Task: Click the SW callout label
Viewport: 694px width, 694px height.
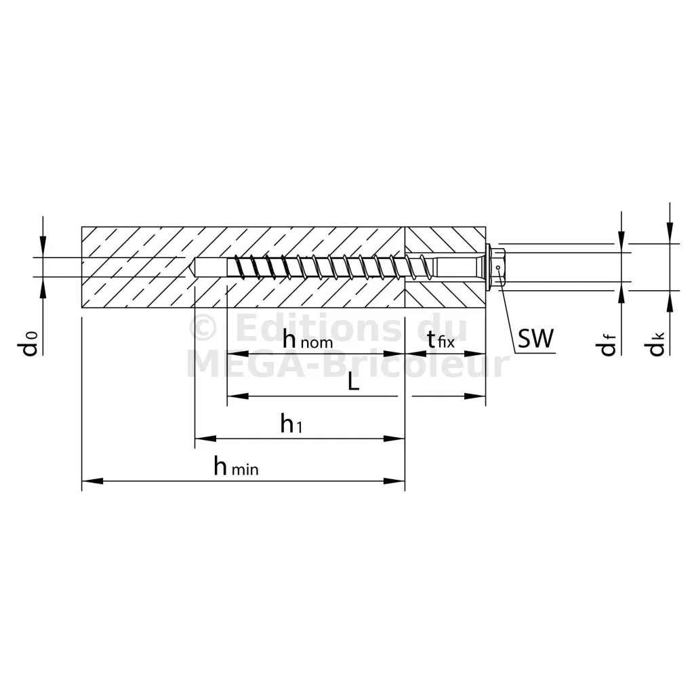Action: pos(535,339)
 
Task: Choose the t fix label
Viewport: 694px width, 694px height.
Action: pos(441,340)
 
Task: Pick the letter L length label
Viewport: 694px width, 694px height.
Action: pos(353,381)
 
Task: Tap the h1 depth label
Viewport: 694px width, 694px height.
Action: pos(291,424)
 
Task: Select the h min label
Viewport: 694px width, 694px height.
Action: pos(236,466)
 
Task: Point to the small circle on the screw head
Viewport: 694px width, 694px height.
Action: pos(498,267)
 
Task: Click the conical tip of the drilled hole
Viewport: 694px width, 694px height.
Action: pos(190,267)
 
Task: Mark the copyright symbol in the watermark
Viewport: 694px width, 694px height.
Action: pos(203,327)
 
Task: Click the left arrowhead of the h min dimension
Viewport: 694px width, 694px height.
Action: pos(92,481)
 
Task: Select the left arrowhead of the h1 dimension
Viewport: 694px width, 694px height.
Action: pos(206,438)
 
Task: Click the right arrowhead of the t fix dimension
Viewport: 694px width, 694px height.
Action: pos(475,354)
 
